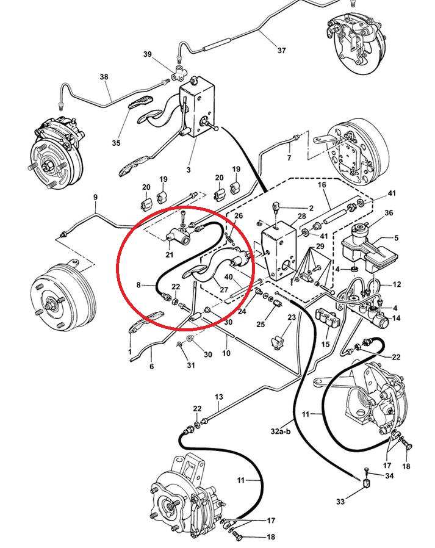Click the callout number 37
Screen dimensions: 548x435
(x=281, y=51)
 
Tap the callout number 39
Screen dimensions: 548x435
(x=147, y=55)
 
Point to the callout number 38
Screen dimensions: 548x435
(x=104, y=77)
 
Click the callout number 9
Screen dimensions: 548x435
(x=95, y=196)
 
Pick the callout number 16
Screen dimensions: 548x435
(x=322, y=184)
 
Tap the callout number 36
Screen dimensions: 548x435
(x=389, y=212)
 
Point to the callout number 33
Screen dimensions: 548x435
(x=340, y=502)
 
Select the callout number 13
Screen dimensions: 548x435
(x=219, y=397)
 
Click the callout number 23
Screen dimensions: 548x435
(x=291, y=317)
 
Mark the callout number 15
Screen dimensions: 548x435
(x=325, y=345)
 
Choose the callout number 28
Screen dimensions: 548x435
(x=301, y=217)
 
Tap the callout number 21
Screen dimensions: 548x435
(x=170, y=254)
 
